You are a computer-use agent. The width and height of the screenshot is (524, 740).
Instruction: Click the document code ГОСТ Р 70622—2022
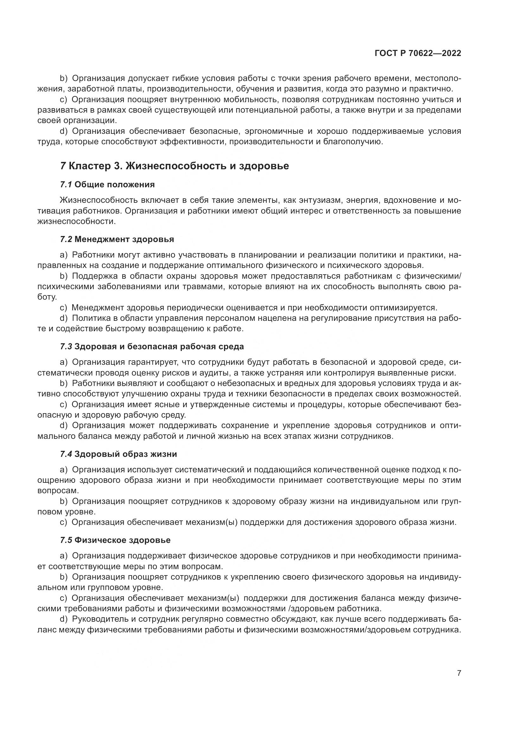click(x=418, y=53)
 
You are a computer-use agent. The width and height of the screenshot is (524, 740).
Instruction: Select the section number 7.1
click(x=66, y=185)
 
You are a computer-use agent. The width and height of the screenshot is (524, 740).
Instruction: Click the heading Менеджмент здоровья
click(x=124, y=239)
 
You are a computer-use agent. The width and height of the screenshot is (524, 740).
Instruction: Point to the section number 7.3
click(x=66, y=347)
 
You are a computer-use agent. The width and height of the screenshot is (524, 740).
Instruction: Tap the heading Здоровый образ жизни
click(x=125, y=454)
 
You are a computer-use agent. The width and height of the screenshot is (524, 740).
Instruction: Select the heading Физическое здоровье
click(x=122, y=540)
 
